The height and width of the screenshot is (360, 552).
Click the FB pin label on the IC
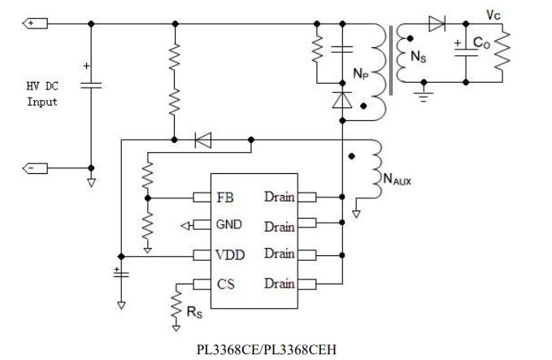225,197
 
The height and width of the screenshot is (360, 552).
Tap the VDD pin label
231,254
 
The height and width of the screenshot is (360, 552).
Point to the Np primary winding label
360,72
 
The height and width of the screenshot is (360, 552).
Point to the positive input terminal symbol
34,24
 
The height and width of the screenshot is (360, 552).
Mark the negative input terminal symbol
34,167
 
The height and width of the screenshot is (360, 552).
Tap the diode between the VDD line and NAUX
202,140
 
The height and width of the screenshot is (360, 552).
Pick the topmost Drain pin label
279,197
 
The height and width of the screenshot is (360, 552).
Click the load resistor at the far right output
505,53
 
